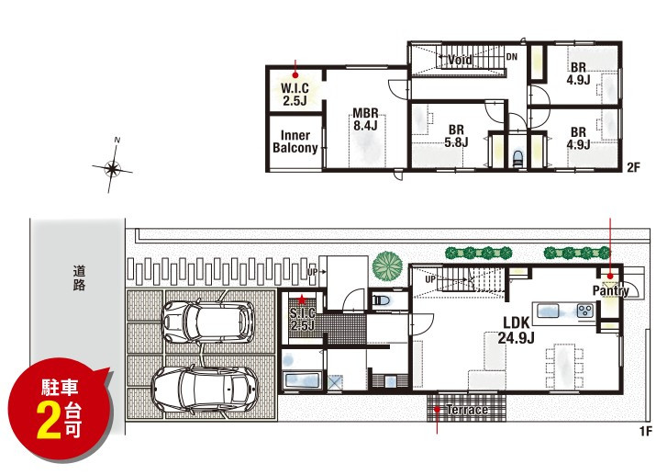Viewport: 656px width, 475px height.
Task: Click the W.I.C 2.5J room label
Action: click(x=295, y=95)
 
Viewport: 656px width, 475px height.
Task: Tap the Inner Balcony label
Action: click(x=295, y=141)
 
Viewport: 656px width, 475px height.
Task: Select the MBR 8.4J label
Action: click(x=365, y=119)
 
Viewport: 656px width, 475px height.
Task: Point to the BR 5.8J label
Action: click(x=456, y=136)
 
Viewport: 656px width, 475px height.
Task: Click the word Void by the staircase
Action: click(x=460, y=60)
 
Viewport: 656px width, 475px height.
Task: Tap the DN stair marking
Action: click(x=512, y=57)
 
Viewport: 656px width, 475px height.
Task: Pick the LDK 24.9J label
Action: click(x=516, y=330)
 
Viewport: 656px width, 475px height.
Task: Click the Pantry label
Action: click(x=611, y=290)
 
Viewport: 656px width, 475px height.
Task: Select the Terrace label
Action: click(x=467, y=410)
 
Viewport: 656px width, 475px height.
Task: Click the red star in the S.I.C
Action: click(x=302, y=300)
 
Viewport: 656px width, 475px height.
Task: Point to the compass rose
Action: click(x=112, y=169)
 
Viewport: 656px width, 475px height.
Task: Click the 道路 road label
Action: click(x=79, y=278)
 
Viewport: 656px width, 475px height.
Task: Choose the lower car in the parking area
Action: click(x=205, y=390)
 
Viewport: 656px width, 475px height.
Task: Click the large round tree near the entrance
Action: click(x=387, y=266)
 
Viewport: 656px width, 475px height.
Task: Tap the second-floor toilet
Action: click(x=518, y=158)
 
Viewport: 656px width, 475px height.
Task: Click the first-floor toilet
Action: click(x=382, y=300)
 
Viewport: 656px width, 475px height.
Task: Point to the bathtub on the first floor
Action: click(x=302, y=380)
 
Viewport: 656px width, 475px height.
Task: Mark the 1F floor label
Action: click(x=646, y=431)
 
